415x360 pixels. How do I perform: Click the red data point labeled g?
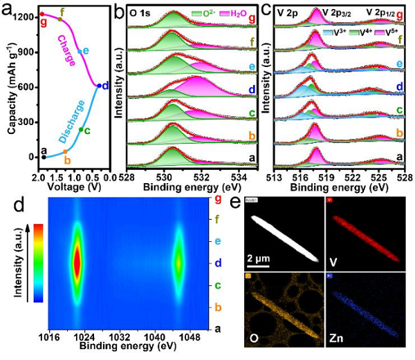coord(42,14)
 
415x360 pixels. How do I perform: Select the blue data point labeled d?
coord(98,86)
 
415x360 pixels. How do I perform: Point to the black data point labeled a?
coord(44,157)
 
